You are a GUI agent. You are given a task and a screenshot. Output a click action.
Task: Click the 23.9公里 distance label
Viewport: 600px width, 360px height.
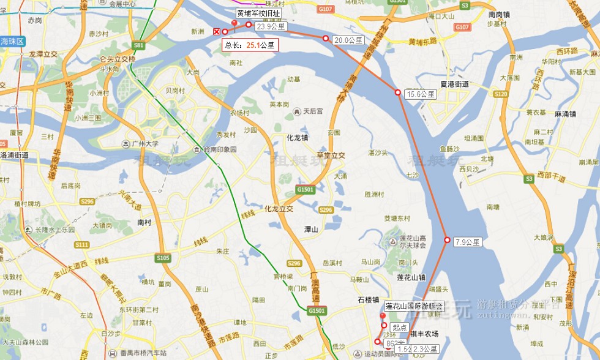pos(271,26)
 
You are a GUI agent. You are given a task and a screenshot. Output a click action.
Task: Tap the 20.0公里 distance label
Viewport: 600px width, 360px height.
pos(348,40)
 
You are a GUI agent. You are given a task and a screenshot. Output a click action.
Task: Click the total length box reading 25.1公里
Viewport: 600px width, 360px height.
pos(250,45)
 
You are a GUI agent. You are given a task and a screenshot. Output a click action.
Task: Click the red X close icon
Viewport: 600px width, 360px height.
pos(216,31)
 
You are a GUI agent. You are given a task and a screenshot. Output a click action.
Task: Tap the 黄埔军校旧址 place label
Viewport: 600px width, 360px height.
pos(259,13)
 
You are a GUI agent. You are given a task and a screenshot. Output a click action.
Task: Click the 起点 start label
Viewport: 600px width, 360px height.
pos(400,327)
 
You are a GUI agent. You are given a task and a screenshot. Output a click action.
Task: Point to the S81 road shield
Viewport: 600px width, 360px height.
pos(138,45)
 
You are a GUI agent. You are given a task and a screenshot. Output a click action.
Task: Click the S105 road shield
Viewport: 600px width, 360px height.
pos(162,258)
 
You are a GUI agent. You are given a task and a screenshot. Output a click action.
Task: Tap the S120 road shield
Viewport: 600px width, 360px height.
pos(501,94)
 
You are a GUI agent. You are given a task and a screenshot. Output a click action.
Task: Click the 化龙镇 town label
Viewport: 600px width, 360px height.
pos(298,138)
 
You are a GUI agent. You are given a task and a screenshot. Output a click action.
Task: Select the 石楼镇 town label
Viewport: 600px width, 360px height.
pos(369,300)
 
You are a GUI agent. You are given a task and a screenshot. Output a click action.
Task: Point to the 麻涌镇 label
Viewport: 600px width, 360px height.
pos(566,114)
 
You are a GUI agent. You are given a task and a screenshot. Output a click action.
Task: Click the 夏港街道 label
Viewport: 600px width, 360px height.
pos(454,84)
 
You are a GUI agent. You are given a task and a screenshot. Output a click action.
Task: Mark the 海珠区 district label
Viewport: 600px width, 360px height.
pos(12,41)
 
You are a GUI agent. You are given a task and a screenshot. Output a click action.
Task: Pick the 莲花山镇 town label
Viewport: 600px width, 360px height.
pos(411,277)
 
